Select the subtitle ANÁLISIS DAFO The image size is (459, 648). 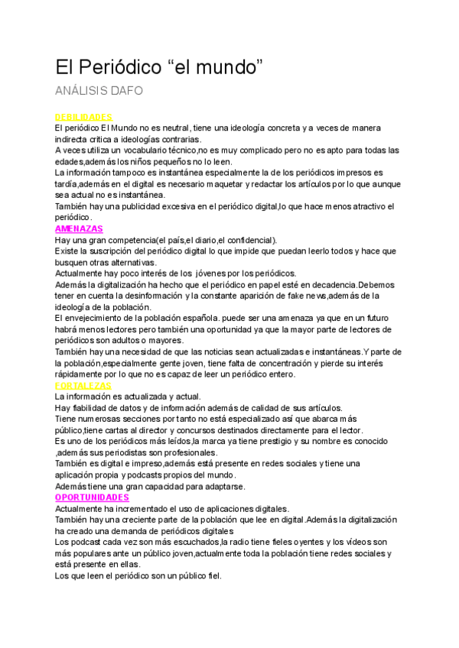(99, 92)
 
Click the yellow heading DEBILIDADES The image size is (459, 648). (83, 117)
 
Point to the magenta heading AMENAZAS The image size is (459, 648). (79, 228)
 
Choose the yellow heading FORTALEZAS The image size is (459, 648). (83, 386)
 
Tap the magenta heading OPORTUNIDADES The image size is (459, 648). (92, 497)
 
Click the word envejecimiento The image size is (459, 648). (99, 318)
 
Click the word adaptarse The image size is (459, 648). (220, 486)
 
